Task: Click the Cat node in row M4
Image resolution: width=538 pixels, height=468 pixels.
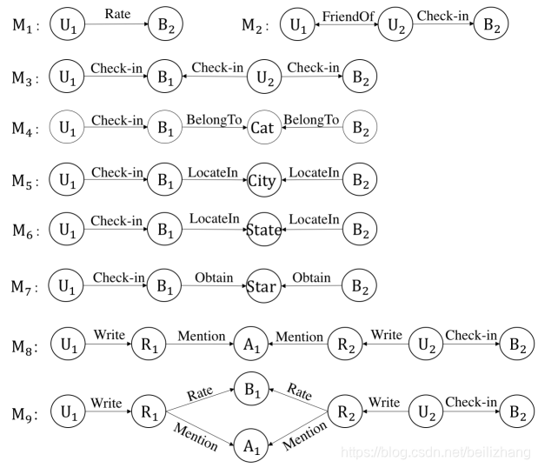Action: coord(262,129)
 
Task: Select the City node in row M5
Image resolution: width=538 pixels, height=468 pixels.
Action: coord(262,182)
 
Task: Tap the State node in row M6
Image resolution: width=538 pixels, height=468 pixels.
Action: coord(262,230)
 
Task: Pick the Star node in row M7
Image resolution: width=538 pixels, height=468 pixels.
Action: coord(262,287)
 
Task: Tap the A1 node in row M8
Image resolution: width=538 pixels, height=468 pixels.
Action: coord(250,345)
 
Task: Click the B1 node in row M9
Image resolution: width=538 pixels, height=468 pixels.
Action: coord(250,390)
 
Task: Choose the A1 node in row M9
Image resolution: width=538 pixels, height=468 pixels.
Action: coord(250,447)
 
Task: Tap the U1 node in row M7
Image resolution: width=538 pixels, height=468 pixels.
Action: coord(66,287)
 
